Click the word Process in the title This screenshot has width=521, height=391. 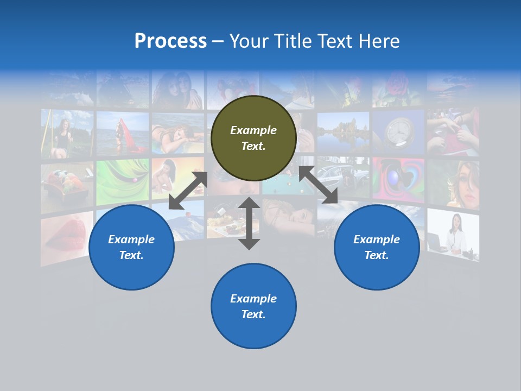[170, 41]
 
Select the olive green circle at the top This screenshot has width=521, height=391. [253, 138]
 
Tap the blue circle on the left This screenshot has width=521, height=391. [131, 247]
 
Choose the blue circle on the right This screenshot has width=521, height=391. [377, 247]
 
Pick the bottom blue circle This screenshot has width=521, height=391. [253, 306]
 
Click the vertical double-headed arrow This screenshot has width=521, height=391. [249, 223]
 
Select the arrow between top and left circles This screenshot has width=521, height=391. [188, 191]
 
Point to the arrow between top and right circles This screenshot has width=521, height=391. [319, 185]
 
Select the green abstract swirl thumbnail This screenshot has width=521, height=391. [122, 182]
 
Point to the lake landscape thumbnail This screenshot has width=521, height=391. [343, 132]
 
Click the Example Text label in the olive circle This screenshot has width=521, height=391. [253, 138]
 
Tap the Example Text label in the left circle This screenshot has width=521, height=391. [131, 247]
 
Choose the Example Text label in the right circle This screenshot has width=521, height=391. [377, 247]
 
